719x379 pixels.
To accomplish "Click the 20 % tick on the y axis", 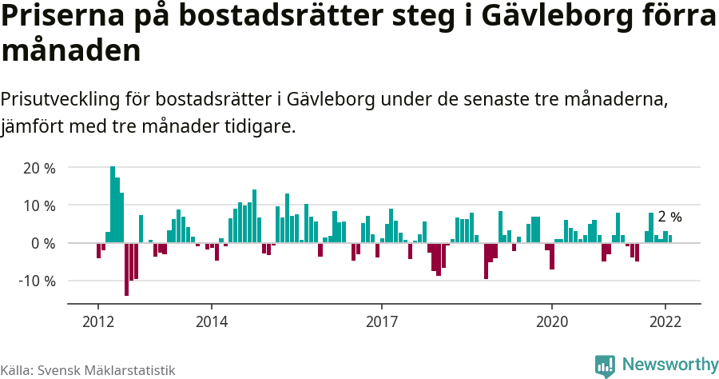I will click(39, 168).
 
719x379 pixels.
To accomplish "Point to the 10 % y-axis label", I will click(39, 205).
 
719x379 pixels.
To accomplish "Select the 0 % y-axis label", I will click(42, 243).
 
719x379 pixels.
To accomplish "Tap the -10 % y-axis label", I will click(37, 281).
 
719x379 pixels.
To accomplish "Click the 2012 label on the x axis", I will click(97, 321).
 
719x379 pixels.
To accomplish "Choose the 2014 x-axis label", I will click(211, 321).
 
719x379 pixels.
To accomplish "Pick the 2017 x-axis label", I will click(381, 321).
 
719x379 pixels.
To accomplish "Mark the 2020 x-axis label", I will click(551, 321).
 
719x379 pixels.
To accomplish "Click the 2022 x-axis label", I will click(665, 321).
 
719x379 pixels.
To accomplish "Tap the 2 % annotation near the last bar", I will click(669, 217).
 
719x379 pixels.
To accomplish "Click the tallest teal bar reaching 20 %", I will click(113, 205).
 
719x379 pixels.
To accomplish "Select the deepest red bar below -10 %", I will click(126, 269).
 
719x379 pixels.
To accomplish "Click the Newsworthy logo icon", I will click(605, 365).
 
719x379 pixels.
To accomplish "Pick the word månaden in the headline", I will click(71, 52).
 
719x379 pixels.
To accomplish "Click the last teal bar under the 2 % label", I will click(670, 238).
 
